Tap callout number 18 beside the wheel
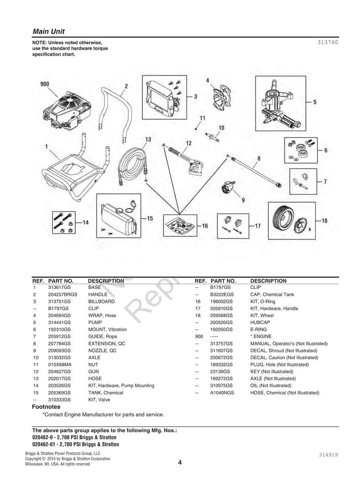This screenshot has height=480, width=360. (325, 221)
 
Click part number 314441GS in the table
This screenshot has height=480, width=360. (59, 322)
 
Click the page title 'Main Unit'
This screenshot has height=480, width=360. (48, 31)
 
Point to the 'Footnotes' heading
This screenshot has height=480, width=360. (46, 407)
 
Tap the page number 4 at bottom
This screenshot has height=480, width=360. (180, 463)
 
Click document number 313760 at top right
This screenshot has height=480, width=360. (328, 43)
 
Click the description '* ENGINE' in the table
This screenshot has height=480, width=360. (261, 336)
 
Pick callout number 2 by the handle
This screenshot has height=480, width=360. (126, 86)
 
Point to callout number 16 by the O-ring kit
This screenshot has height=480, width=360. (205, 226)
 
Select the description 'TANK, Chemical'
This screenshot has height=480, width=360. (106, 393)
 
